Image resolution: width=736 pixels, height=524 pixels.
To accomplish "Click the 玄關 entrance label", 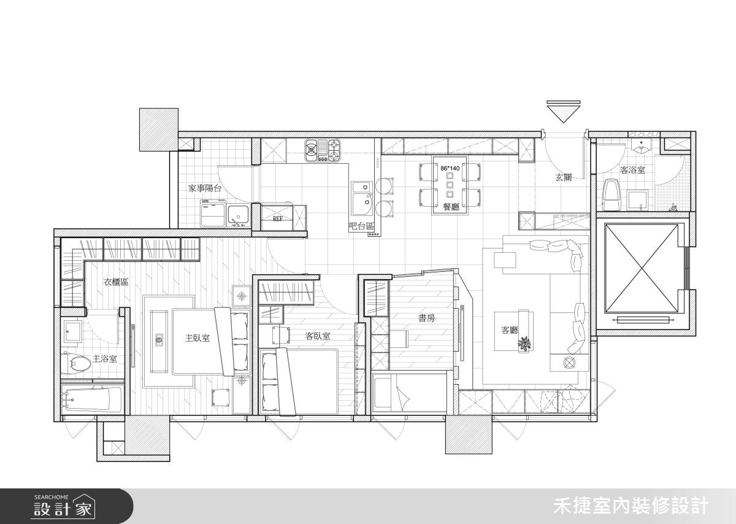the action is coord(564,177).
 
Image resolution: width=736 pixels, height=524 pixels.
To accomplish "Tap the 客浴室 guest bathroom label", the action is coord(632,170).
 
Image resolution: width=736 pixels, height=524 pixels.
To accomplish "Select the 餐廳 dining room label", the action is coord(451,207).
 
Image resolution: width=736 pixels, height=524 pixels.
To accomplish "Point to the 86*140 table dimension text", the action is coord(450,168).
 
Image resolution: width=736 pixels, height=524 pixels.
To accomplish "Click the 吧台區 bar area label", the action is coord(361,226).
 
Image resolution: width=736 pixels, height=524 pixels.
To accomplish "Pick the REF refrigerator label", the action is coord(278,218).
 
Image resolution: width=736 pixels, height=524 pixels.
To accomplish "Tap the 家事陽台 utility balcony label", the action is coord(205,188).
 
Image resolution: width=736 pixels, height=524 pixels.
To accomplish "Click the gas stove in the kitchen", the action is coord(323,150).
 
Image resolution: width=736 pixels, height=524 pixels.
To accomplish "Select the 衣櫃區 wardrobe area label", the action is coord(116,282).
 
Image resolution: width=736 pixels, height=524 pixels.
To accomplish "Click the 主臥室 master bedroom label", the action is coord(197,338).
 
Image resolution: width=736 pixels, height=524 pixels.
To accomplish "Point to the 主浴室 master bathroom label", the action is coord(104,359).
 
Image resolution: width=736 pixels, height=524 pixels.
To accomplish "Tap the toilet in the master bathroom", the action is coord(76,363).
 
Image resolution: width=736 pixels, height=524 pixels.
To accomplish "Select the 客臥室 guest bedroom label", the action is coord(318,336).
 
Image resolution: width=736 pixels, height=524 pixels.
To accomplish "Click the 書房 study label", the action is coord(426,318).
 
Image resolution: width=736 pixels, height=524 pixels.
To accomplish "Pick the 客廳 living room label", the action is coord(510,329).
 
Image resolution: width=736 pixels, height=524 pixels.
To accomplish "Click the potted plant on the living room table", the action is coord(524,344).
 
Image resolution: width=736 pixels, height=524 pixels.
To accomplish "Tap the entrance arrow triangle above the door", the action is coord(563,113).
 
